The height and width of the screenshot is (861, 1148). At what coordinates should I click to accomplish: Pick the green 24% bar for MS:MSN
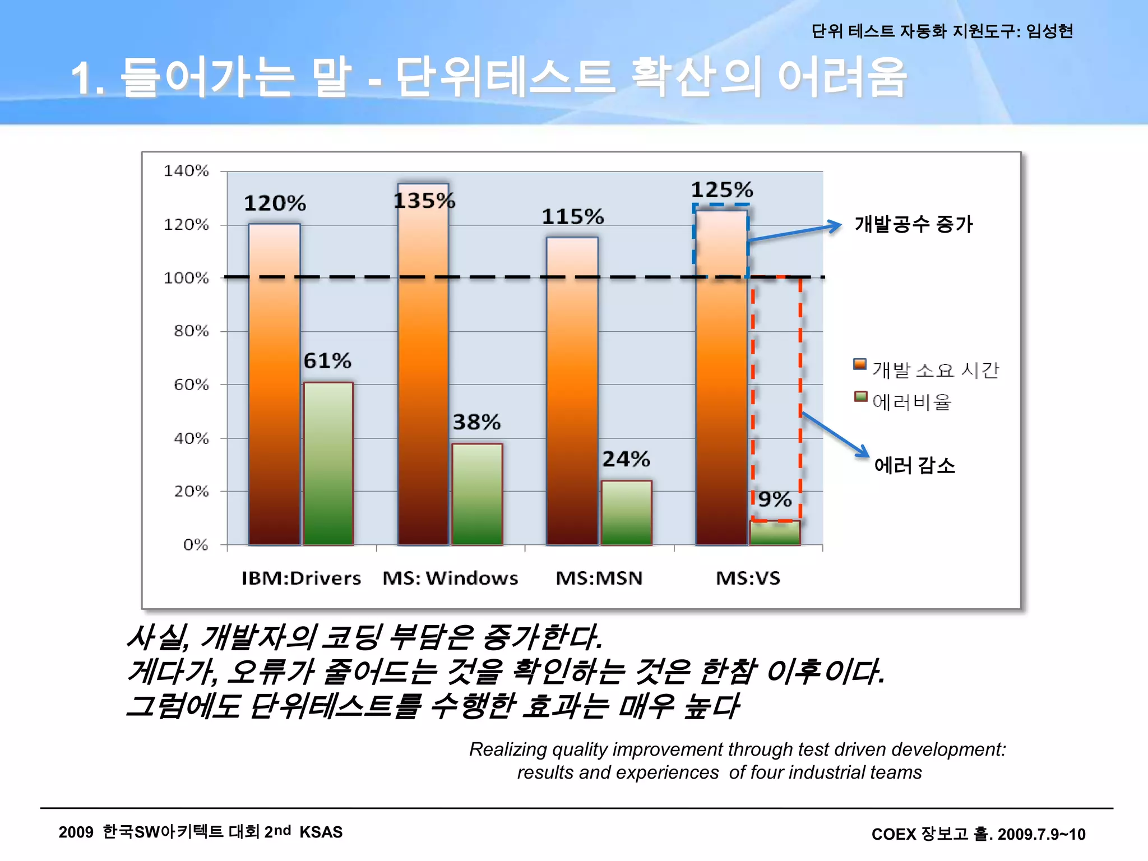(x=626, y=512)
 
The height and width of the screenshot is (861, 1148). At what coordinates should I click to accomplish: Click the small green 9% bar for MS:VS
(x=775, y=533)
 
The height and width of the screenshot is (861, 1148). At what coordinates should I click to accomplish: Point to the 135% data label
(x=424, y=201)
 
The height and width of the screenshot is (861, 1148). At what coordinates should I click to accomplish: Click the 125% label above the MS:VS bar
(x=721, y=189)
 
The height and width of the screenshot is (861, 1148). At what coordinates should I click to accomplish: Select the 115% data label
(x=572, y=216)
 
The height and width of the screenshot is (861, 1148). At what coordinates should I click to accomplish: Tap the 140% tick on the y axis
(x=186, y=170)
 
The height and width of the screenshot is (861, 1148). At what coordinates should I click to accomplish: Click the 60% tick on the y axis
(x=191, y=385)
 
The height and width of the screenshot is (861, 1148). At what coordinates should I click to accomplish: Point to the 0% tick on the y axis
(x=195, y=544)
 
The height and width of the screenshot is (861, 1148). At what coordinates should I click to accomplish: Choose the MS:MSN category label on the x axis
(x=599, y=578)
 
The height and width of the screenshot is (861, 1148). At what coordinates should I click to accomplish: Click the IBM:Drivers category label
(x=301, y=578)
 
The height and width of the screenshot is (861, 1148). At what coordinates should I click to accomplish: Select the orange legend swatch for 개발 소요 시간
(x=859, y=364)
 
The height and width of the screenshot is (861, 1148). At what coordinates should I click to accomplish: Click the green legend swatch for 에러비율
(x=860, y=397)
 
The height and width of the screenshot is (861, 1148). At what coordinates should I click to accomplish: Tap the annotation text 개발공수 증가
(x=913, y=224)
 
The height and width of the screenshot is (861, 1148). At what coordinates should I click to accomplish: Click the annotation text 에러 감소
(x=914, y=465)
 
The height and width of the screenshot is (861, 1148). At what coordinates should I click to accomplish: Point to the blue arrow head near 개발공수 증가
(x=836, y=226)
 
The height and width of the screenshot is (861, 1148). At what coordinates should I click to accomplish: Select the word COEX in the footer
(x=894, y=834)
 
